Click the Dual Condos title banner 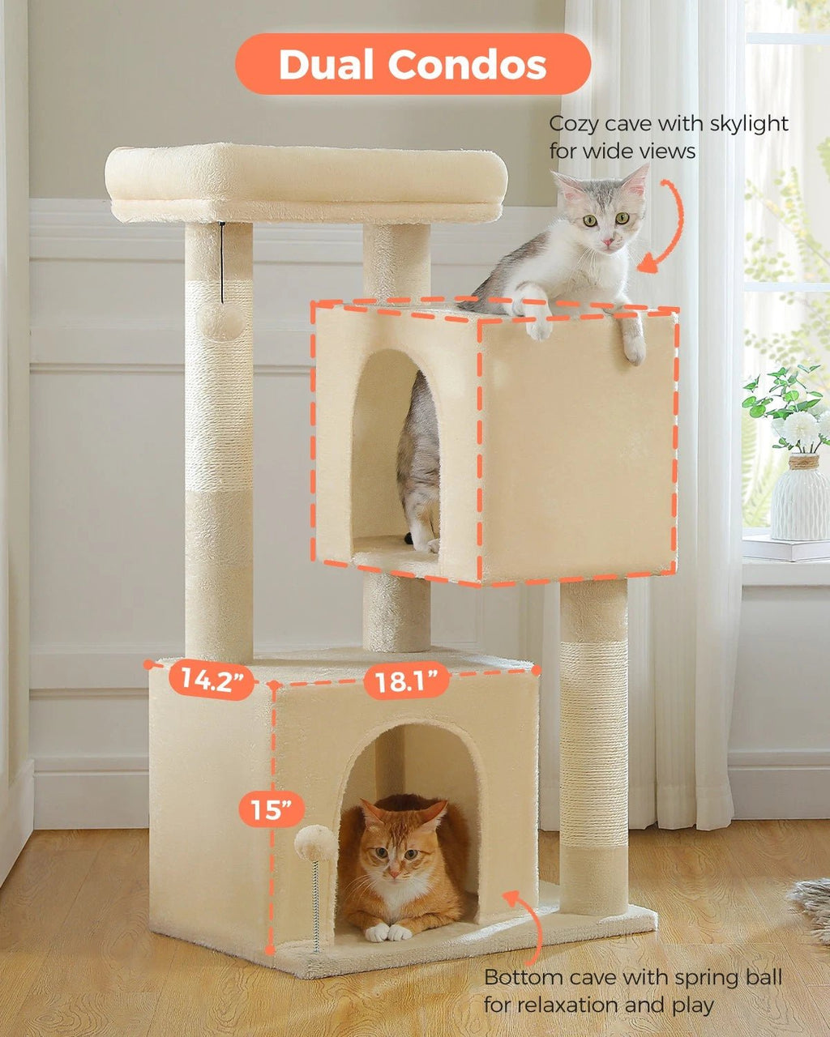(x=413, y=65)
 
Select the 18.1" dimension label (x=406, y=681)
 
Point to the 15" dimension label (x=272, y=808)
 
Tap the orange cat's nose (x=392, y=873)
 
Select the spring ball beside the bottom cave (x=315, y=844)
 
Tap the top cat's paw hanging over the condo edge (x=633, y=344)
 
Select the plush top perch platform (x=306, y=182)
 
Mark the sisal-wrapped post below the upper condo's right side (x=593, y=745)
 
